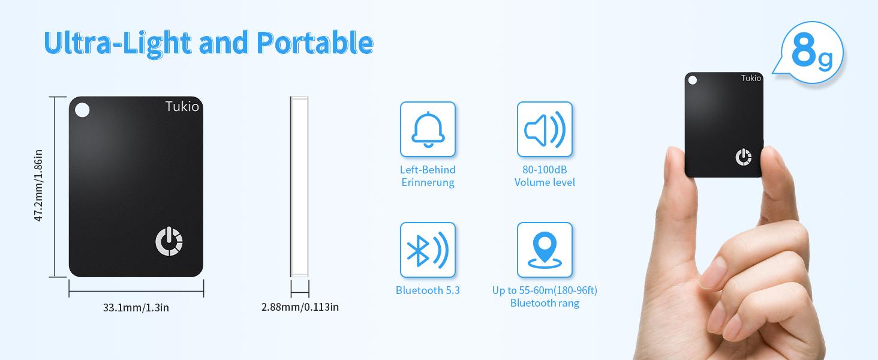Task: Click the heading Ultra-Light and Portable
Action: point(208,43)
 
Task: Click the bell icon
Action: point(428,129)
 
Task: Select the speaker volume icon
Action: point(545,129)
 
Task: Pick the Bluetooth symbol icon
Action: point(428,250)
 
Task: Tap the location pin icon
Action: point(545,250)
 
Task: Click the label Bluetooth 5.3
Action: point(428,290)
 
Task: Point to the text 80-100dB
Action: point(545,170)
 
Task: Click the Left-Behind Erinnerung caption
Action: point(428,176)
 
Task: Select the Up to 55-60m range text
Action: point(545,290)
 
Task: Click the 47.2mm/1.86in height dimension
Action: point(38,186)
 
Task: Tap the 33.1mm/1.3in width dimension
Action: point(136,308)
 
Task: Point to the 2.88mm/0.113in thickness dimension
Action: point(300,307)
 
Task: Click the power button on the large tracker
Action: point(169,242)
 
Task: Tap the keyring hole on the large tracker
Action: point(83,110)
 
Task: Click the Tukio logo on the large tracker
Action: point(182,107)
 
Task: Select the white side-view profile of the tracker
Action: point(299,186)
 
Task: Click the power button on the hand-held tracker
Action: point(743,157)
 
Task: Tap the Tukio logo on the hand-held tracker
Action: point(751,78)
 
